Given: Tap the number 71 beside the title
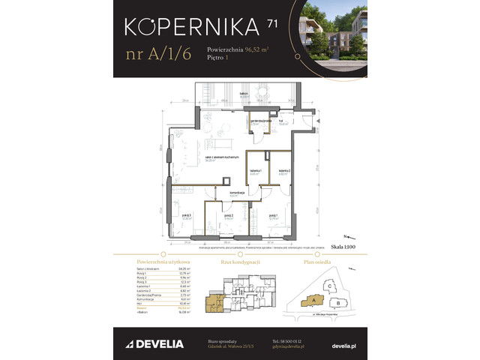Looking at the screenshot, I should coord(271,24).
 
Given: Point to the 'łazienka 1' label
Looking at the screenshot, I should coord(256,172).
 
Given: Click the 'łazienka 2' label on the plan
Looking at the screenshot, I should coord(284,172).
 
